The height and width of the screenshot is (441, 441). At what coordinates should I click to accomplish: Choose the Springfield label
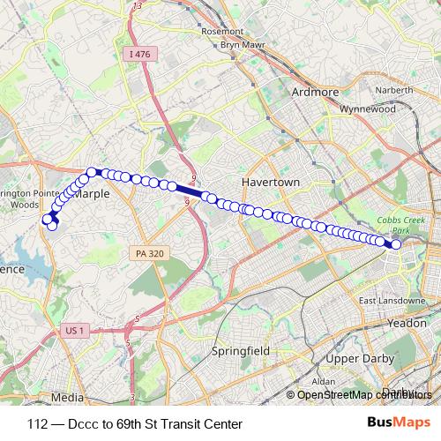tap(240, 350)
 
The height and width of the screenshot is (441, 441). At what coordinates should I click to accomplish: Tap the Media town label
tap(67, 397)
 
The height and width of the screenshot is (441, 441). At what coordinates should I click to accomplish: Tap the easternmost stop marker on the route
tap(397, 244)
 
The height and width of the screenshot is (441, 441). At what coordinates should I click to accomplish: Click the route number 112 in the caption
tap(38, 424)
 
